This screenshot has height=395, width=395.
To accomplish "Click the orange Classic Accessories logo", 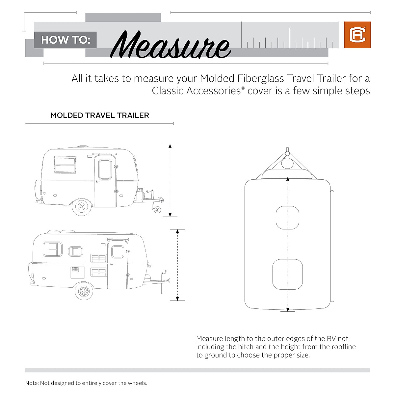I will point(357,35).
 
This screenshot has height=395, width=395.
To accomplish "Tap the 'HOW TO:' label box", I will point(65,40).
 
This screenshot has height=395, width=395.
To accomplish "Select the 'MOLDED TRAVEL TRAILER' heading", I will point(99,116).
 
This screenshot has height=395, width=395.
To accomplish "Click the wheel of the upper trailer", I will point(81,207).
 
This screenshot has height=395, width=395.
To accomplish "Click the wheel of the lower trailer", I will point(84,291).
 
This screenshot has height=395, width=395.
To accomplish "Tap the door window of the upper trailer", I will point(105,170).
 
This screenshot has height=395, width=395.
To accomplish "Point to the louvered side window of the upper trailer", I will point(65,165).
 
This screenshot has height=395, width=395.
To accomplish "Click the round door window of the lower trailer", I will point(118,251).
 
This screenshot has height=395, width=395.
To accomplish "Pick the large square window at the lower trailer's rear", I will point(53,249).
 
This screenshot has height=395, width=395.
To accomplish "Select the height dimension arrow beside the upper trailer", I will point(170,180).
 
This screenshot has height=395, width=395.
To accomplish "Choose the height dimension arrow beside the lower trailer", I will point(177,265).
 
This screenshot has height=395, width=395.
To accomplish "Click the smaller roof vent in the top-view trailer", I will point(287,218).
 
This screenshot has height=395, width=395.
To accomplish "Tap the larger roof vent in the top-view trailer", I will point(287,274).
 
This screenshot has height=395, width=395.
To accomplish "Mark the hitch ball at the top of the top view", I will point(287,153).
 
